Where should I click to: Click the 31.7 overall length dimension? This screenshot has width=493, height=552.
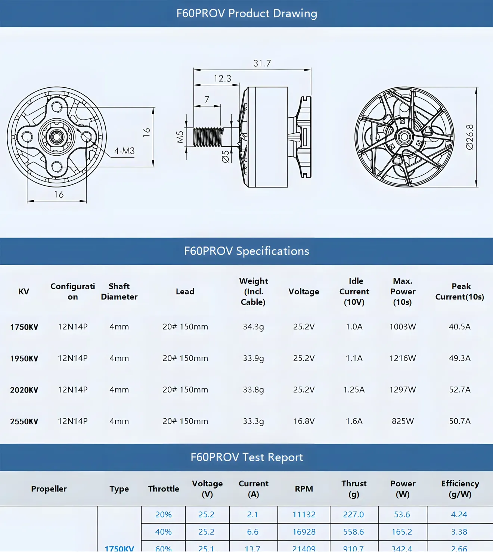[x=262, y=63]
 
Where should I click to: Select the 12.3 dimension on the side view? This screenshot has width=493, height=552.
[x=222, y=78]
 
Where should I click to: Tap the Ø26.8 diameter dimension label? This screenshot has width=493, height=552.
[x=470, y=137]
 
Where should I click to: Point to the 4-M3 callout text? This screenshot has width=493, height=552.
[x=124, y=151]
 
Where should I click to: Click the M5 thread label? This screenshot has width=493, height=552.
[x=180, y=137]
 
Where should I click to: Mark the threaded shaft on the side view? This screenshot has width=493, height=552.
[x=208, y=137]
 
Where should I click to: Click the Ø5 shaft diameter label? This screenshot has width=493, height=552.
[x=226, y=156]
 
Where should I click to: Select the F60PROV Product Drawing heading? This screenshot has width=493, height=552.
[x=246, y=13]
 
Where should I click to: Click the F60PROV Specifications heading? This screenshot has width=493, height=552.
[x=246, y=251]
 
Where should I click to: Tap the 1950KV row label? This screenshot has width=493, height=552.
[x=24, y=359]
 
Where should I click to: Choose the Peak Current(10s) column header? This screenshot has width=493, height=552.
[x=460, y=291]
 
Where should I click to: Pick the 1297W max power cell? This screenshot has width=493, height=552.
[x=403, y=390]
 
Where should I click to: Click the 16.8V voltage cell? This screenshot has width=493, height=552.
[x=304, y=421]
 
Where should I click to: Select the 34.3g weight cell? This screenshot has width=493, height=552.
[x=253, y=327]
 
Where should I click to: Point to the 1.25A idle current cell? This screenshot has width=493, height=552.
[x=354, y=390]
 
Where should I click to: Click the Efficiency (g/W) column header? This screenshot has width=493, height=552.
[x=460, y=489]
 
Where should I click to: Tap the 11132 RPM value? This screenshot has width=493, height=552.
[x=304, y=515]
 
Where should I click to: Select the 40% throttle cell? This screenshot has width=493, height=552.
[x=163, y=532]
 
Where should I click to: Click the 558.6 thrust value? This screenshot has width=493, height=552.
[x=353, y=532]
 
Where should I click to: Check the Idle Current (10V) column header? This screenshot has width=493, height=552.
[x=354, y=291]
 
